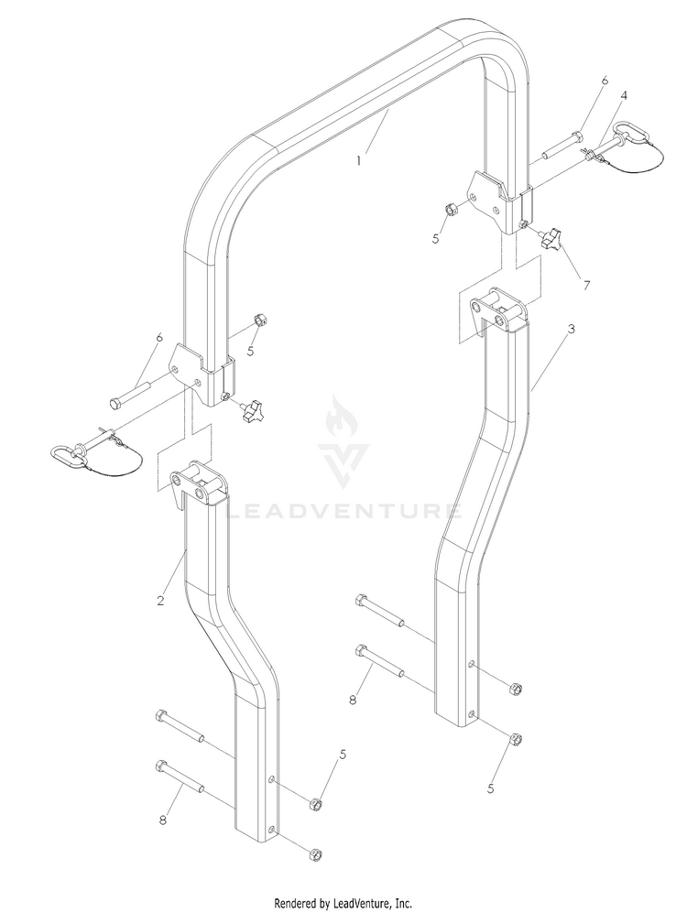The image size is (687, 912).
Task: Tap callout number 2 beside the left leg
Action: point(160,601)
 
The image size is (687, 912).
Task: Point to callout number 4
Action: point(624,95)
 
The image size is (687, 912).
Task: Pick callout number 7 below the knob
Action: point(586,286)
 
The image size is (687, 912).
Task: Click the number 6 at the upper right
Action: point(605,81)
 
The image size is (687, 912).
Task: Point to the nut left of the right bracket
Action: point(453,208)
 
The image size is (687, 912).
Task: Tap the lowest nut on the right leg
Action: point(515,740)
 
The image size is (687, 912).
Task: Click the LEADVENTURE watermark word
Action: point(343,511)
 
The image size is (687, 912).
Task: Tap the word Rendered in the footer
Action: point(297,903)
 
